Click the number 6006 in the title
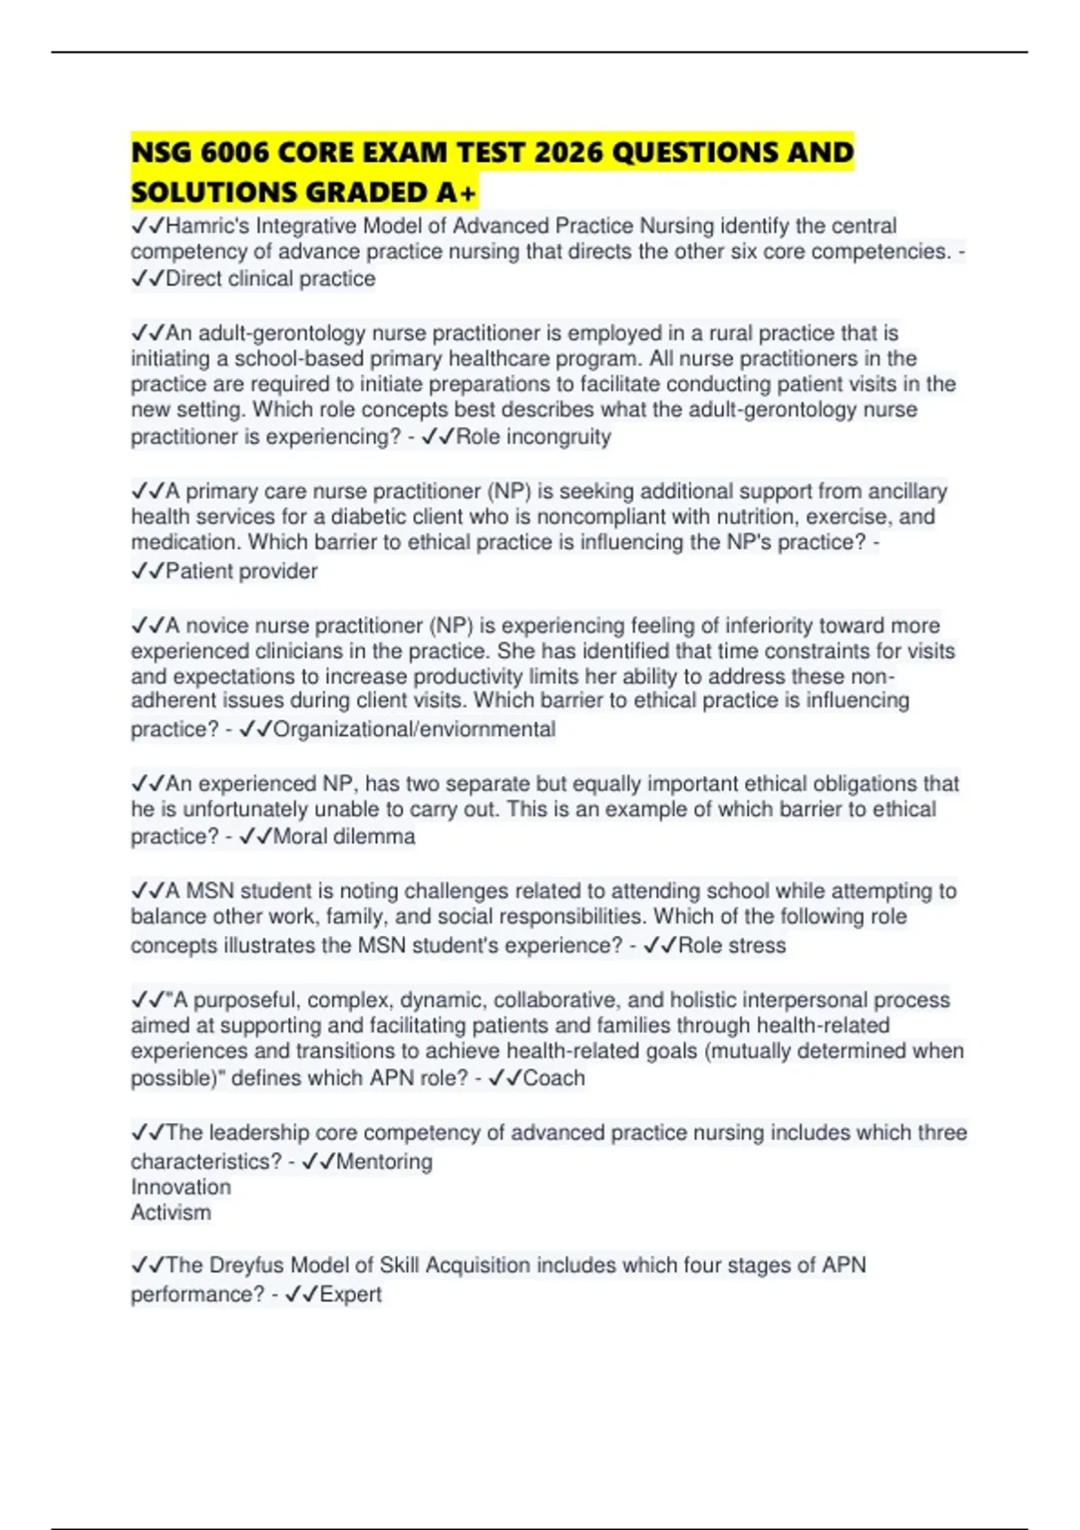pos(234,153)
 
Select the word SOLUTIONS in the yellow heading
pos(211,193)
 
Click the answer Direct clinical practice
pos(270,279)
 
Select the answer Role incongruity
pos(534,436)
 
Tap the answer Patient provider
pos(241,571)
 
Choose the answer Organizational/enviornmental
pos(414,729)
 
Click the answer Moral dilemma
pos(344,837)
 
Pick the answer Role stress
pos(732,946)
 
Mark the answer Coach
pos(553,1078)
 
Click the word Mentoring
pos(383,1162)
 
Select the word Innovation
pos(181,1187)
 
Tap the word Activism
pos(171,1212)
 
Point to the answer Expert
pos(350,1294)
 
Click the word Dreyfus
pos(247,1265)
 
